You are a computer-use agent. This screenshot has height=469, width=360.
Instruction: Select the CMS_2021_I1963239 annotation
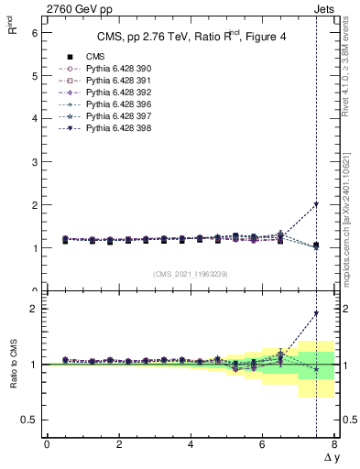point(190,274)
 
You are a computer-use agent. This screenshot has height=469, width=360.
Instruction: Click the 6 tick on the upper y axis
point(35,32)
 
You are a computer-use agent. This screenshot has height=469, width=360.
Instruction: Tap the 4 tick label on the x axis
point(191,444)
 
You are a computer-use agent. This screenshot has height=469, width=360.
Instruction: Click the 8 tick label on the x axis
point(334,444)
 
